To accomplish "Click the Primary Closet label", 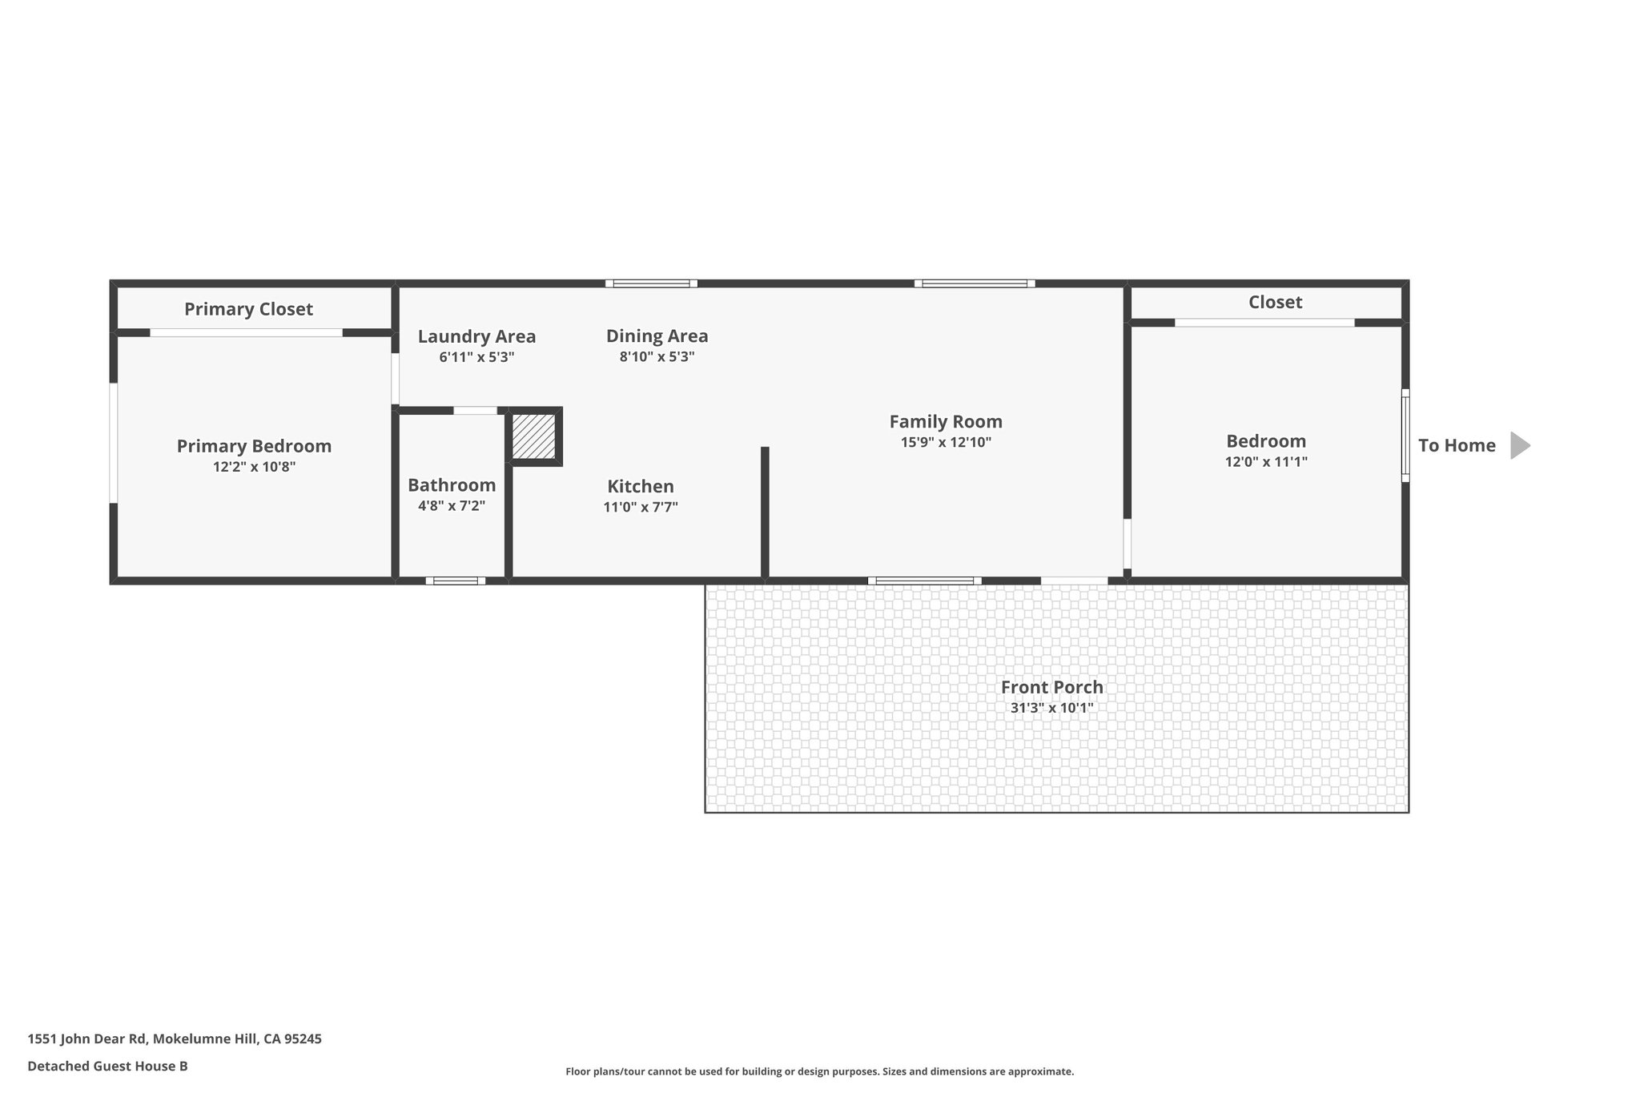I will pyautogui.click(x=248, y=309).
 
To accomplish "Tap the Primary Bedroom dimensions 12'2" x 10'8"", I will pyautogui.click(x=254, y=467).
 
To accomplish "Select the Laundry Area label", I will pyautogui.click(x=476, y=336).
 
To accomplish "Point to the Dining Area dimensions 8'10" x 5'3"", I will pyautogui.click(x=657, y=357).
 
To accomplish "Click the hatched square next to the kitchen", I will pyautogui.click(x=533, y=436).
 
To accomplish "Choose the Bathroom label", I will pyautogui.click(x=452, y=485).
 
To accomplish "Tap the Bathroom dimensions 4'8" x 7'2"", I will pyautogui.click(x=452, y=506).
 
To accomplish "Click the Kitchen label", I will pyautogui.click(x=641, y=486).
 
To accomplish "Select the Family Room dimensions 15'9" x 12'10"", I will pyautogui.click(x=946, y=442).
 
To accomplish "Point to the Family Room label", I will pyautogui.click(x=946, y=421).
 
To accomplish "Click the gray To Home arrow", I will pyautogui.click(x=1519, y=445).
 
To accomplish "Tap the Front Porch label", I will pyautogui.click(x=1051, y=687).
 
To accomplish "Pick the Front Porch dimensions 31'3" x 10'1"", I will pyautogui.click(x=1051, y=708).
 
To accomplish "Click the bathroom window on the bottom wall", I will pyautogui.click(x=455, y=581).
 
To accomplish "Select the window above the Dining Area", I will pyautogui.click(x=651, y=283).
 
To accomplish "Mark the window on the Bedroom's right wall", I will pyautogui.click(x=1405, y=436).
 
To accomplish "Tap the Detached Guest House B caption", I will pyautogui.click(x=107, y=1066).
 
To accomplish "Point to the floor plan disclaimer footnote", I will pyautogui.click(x=819, y=1071).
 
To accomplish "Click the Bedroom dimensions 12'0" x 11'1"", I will pyautogui.click(x=1266, y=462).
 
